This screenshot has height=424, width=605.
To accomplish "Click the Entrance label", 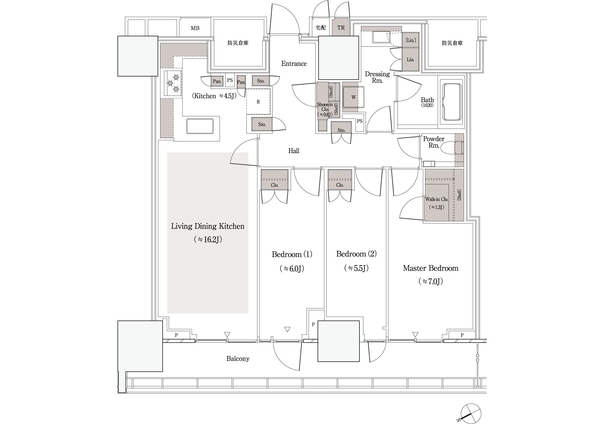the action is point(294,64).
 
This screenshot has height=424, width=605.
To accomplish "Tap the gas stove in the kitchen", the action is point(171,83).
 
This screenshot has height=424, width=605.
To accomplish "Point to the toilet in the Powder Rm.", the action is point(452,148).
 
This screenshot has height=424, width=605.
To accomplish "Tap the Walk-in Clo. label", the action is point(436,199).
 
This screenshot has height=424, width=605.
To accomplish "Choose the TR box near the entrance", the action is point(341,28).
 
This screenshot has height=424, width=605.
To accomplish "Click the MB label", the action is point(195,28).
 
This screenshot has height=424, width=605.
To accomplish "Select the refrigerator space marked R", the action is point(258,102).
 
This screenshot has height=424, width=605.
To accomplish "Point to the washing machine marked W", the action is point(353,97).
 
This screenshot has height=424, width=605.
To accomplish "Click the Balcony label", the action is point(238,359).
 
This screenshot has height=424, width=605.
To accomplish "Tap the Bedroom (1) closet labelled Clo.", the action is point(274,179).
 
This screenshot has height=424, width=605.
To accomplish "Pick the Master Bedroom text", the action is point(431,268).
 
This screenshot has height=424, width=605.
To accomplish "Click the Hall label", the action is point(294,151).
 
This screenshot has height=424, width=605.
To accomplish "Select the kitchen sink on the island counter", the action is point(200,126).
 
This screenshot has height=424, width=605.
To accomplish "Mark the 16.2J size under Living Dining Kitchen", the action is point(208,239).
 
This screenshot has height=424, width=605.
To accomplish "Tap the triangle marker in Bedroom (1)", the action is point(287,329).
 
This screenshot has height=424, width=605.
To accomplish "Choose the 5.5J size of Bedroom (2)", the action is point(357,268).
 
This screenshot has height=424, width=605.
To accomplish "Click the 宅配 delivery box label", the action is point(321,28).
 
